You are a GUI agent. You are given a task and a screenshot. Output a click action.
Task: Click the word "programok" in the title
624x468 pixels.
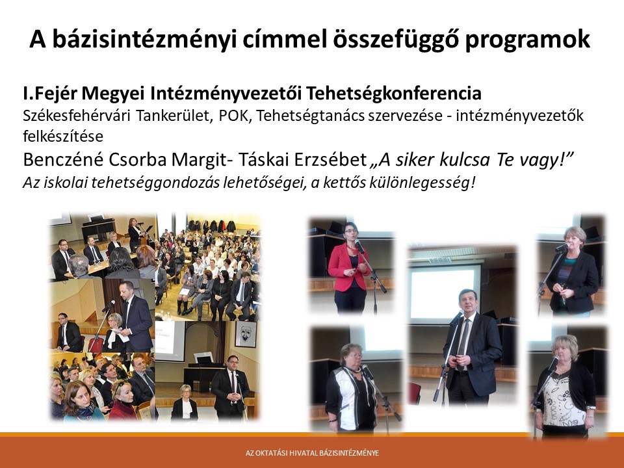coord(528,40)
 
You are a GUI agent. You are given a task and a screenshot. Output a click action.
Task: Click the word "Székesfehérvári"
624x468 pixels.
coord(77,116)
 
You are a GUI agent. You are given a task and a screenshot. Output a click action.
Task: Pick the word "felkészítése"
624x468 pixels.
coord(63,136)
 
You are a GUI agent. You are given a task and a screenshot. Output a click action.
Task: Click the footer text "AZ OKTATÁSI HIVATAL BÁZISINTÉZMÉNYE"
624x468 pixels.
coord(312,453)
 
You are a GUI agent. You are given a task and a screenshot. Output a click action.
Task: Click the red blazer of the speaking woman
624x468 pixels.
coord(348,266)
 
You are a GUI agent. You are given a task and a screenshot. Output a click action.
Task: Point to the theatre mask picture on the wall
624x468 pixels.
coord(245,334)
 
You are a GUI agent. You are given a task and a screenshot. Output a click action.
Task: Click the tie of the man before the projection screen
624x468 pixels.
coord(462,344)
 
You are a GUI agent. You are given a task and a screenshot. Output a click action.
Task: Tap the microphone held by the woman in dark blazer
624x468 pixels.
coord(562,248)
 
